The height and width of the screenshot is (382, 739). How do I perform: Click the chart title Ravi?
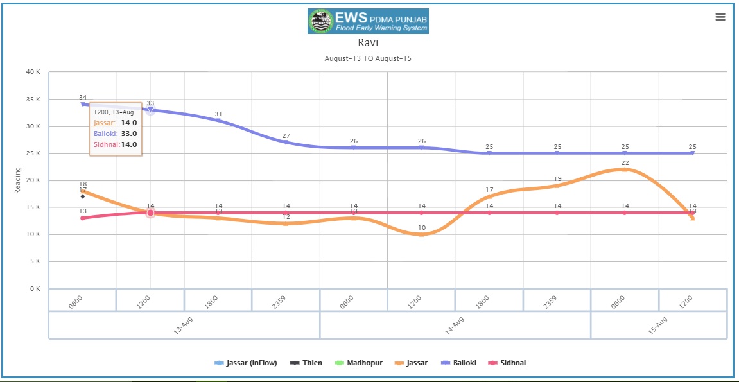point(368,43)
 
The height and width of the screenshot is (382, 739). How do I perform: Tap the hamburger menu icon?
point(720,17)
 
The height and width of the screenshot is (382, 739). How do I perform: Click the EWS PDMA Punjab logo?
point(368,21)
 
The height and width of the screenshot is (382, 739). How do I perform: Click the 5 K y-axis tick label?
point(35,261)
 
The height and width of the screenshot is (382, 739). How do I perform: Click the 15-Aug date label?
point(659,326)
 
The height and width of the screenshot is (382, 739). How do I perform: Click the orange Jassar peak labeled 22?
point(625,169)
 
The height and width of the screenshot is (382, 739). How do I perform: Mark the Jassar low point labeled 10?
point(421,234)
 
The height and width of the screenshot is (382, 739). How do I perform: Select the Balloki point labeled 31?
point(218,121)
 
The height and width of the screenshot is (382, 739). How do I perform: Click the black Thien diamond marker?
point(83,196)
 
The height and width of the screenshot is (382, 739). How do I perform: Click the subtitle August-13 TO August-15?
point(368,58)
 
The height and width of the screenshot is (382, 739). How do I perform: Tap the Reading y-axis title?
point(18,180)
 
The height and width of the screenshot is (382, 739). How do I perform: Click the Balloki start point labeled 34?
point(83,104)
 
